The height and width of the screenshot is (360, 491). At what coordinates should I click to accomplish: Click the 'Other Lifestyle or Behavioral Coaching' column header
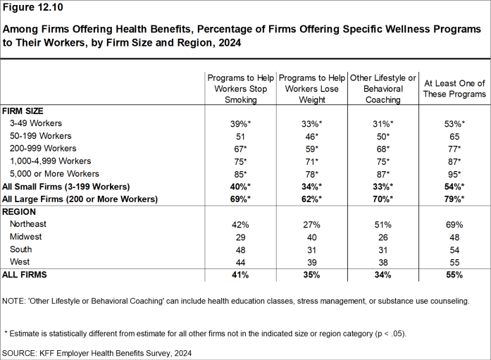coord(383,88)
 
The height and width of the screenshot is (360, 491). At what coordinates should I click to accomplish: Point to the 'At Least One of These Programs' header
coord(454,88)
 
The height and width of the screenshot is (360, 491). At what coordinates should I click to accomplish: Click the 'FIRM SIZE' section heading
coord(23,111)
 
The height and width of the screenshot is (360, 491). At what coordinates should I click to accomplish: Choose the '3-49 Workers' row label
coord(36,123)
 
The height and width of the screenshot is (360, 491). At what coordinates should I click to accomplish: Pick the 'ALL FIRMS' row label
coord(25,274)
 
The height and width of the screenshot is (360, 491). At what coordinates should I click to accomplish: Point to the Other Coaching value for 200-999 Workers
coord(383,149)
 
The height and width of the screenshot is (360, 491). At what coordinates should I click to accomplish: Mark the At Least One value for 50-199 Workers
coord(453,136)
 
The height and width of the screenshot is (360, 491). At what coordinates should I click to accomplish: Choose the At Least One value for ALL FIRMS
coord(453,274)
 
